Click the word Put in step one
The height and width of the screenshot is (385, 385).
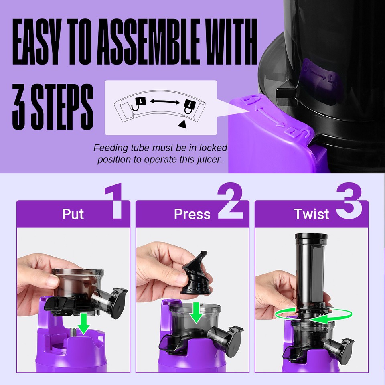tap(73, 214)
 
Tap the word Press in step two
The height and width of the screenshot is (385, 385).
tap(192, 214)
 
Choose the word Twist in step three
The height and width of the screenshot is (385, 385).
tap(311, 214)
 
